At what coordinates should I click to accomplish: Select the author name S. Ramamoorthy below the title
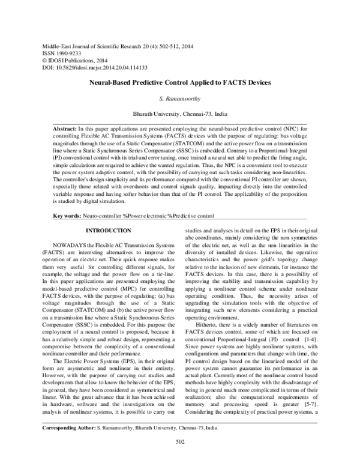(x=180, y=98)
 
